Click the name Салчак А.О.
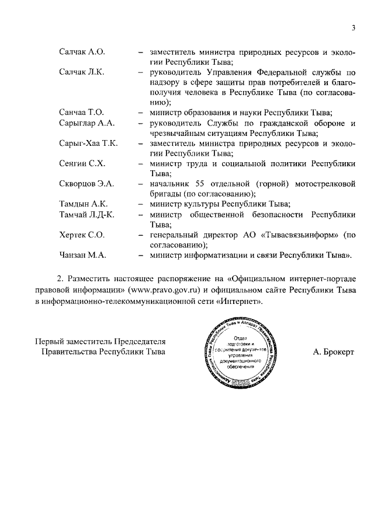coord(82,52)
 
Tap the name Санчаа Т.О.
coord(81,112)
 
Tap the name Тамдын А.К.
coord(83,204)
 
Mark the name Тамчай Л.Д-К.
coord(86,214)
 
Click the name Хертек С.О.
coord(82,235)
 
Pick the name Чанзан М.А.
coord(82,255)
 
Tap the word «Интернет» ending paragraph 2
coord(241,301)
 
